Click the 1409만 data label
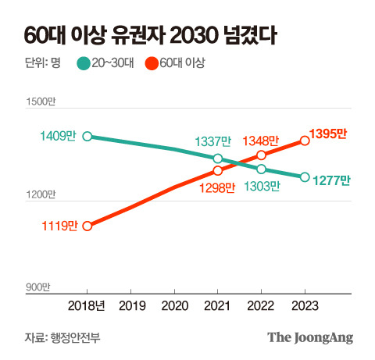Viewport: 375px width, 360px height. click(58, 136)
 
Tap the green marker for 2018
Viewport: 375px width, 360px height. click(87, 136)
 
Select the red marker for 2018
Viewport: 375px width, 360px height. click(87, 226)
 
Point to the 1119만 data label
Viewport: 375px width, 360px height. click(60, 226)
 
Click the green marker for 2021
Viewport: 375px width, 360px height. click(218, 159)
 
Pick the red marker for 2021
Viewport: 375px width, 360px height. click(218, 171)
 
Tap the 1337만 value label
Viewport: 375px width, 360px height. click(213, 141)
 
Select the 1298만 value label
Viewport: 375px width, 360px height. click(217, 187)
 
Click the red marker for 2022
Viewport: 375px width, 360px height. click(261, 155)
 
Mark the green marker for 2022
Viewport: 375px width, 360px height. click(261, 169)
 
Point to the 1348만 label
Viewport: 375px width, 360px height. click(261, 141)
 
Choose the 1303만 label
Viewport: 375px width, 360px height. click(262, 186)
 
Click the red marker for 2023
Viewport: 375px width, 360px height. click(305, 141)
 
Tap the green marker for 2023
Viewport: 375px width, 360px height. click(305, 177)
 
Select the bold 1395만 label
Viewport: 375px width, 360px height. click(328, 134)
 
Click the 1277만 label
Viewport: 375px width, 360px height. click(331, 180)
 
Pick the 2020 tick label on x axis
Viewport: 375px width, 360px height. click(175, 306)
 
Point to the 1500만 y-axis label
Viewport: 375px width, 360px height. click(41, 102)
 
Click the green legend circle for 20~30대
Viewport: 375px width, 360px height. click(84, 63)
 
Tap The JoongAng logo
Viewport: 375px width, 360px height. click(310, 338)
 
